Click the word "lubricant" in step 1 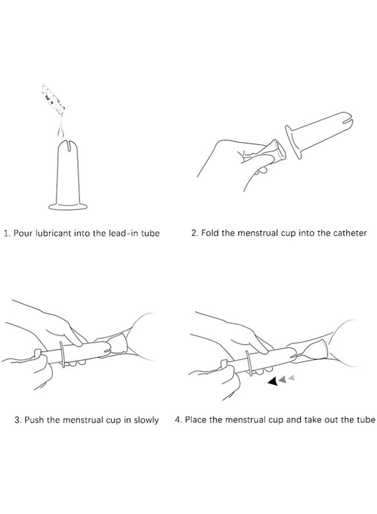click(53, 233)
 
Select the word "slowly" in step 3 click(146, 420)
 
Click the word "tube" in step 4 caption click(367, 420)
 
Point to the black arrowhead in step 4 click(272, 382)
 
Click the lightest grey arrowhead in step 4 click(291, 378)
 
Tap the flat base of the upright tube click(68, 207)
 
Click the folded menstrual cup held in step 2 click(267, 152)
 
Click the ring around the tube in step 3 click(62, 354)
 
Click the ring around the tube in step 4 click(250, 362)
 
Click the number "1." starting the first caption click(7, 234)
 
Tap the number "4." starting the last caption click(178, 420)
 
